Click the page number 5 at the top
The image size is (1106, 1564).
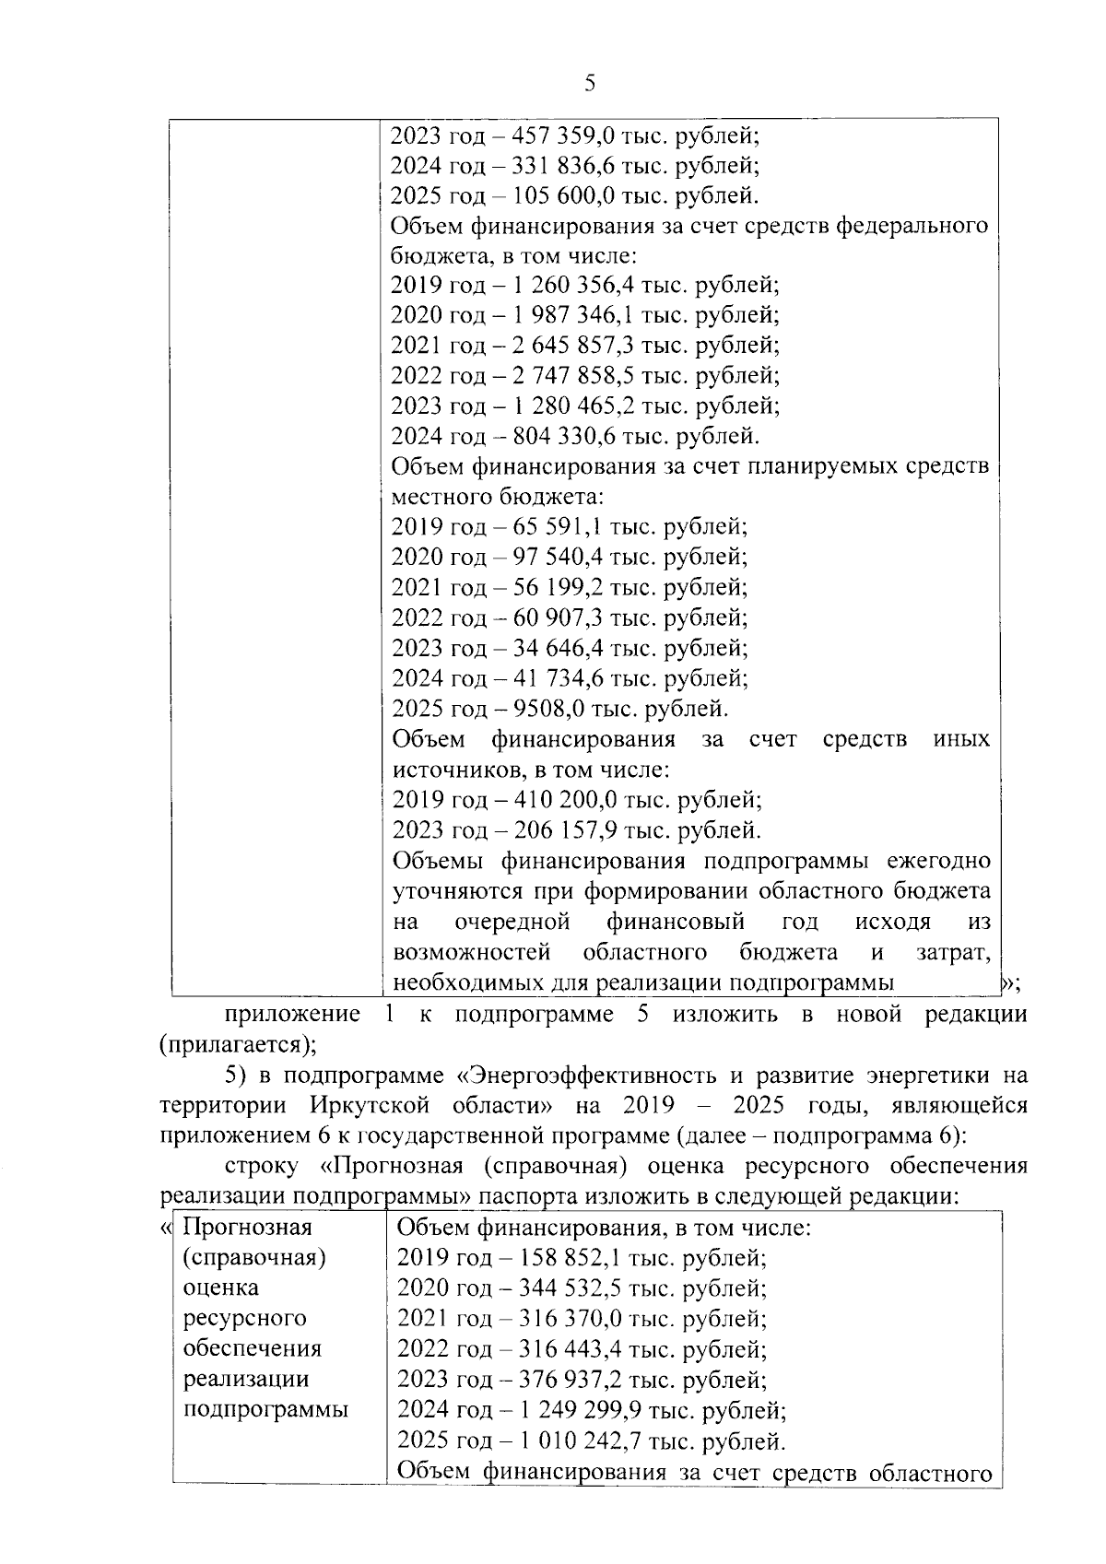click(x=590, y=84)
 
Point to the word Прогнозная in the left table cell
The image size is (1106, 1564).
click(x=248, y=1228)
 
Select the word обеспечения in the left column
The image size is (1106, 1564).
click(x=253, y=1348)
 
